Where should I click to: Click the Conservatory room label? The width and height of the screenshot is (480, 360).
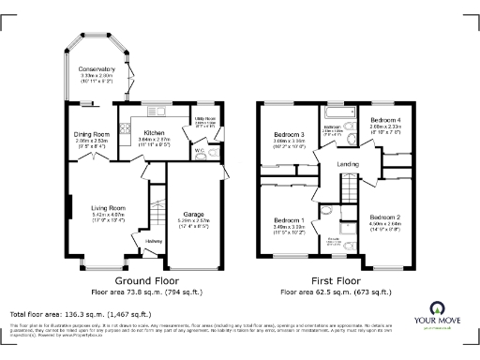coord(97,69)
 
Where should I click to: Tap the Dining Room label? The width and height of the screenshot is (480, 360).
coord(92,134)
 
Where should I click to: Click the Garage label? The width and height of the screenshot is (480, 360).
coord(193,214)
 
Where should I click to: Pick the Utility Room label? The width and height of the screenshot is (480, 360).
coord(205,120)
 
